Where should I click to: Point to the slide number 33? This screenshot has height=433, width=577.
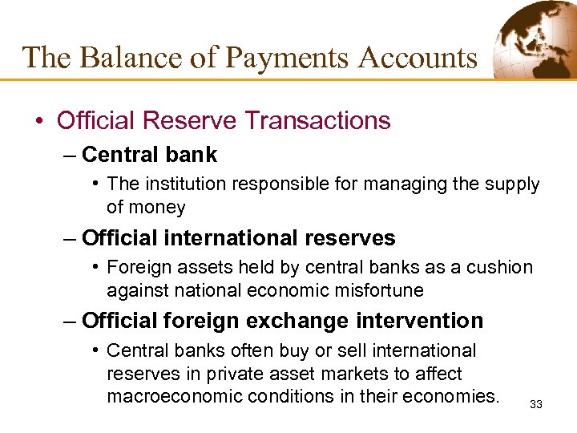coord(536,405)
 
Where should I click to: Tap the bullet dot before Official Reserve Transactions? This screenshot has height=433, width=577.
coord(38,121)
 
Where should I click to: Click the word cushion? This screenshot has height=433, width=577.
coord(502,267)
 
